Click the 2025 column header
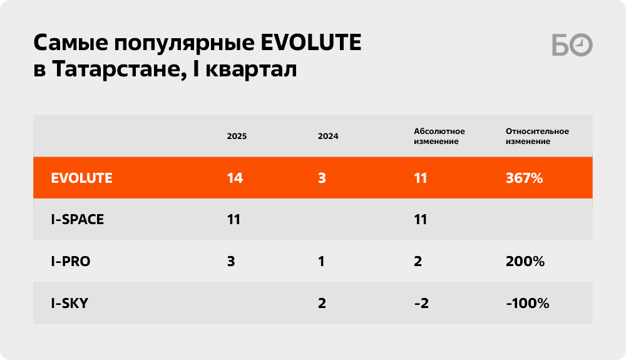pos(237,136)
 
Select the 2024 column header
pos(328,136)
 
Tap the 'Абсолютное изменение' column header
pos(439,136)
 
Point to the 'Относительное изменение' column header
pos(537,136)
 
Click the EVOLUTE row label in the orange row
pos(81,178)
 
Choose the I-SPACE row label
pos(78,220)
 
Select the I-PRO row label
pos(71,262)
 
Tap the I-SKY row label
pos(69,303)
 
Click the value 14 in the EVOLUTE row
pos(235,178)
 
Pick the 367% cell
pos(524,178)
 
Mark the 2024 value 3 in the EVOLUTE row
pos(322,178)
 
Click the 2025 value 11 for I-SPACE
pos(233,220)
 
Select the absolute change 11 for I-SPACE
pos(421,220)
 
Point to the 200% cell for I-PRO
pos(525,262)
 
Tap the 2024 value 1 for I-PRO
pos(321,262)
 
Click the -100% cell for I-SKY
pos(527,303)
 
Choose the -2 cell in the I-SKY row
pos(421,303)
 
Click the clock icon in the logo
pos(581,44)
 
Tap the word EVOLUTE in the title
pos(311,43)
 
